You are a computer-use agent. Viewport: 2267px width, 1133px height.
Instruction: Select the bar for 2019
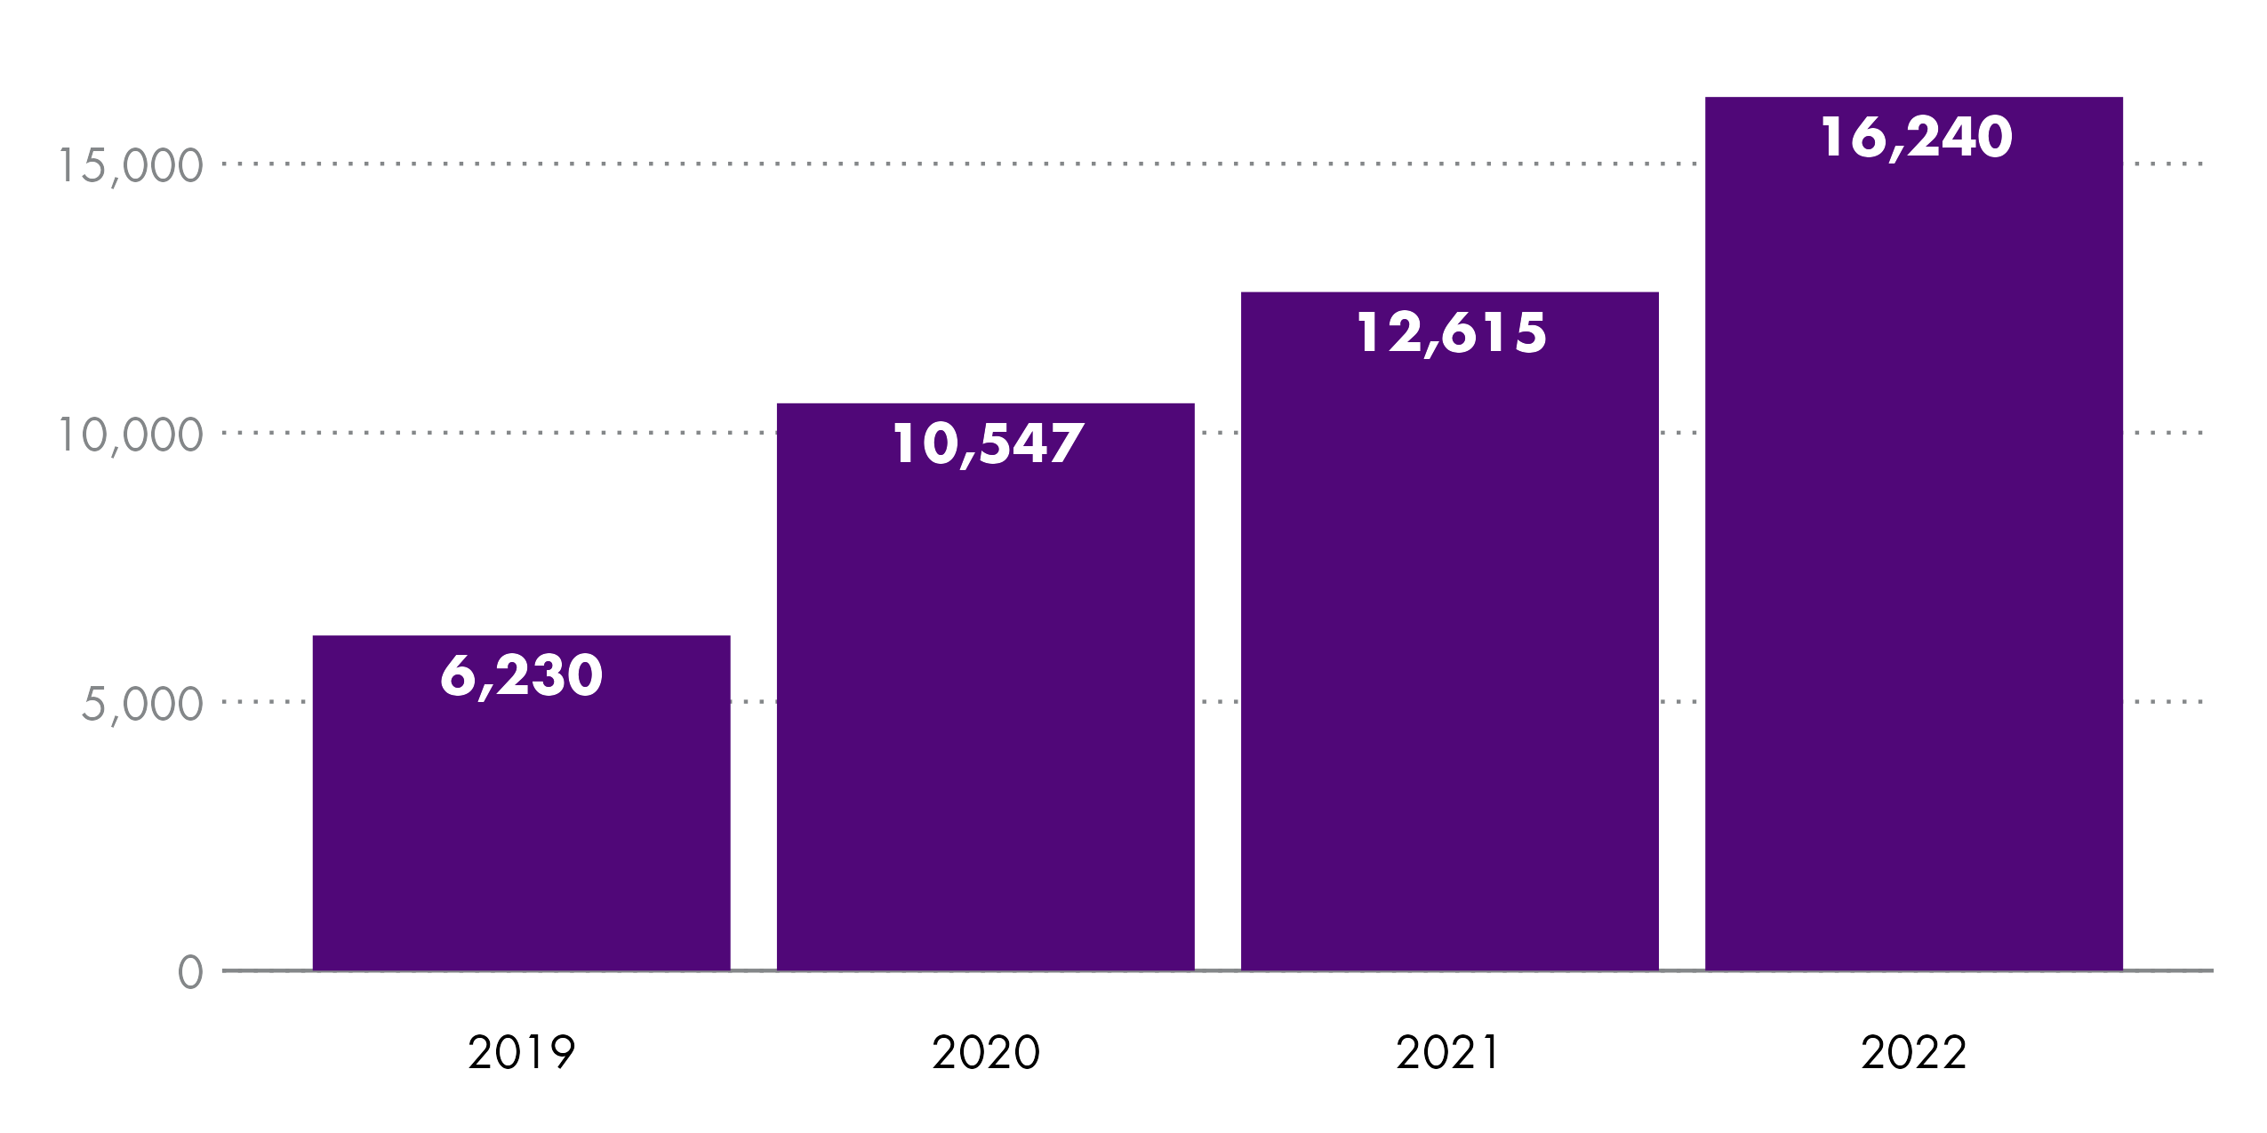point(521,818)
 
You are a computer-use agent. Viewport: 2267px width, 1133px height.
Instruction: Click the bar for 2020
point(985,702)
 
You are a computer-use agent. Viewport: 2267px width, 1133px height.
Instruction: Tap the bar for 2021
point(1449,649)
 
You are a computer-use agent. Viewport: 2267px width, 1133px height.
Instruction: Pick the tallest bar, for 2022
point(1913,551)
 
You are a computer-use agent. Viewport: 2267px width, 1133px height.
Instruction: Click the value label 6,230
point(522,675)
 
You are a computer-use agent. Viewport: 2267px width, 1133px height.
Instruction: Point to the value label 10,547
point(987,443)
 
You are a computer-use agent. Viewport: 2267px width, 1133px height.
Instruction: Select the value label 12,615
point(1451,332)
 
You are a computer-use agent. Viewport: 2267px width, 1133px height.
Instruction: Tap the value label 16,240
point(1916,137)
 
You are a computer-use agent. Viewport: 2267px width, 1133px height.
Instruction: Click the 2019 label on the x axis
point(522,1052)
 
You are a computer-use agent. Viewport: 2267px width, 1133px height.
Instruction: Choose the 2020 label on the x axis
point(986,1052)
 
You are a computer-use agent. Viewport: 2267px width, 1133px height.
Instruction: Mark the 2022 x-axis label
point(1914,1052)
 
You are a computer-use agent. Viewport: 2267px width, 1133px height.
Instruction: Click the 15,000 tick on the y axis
point(131,166)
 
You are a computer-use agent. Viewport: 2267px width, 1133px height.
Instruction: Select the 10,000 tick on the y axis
point(131,435)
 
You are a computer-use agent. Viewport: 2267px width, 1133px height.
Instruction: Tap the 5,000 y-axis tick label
point(142,705)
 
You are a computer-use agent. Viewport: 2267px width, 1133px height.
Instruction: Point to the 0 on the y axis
point(190,972)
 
